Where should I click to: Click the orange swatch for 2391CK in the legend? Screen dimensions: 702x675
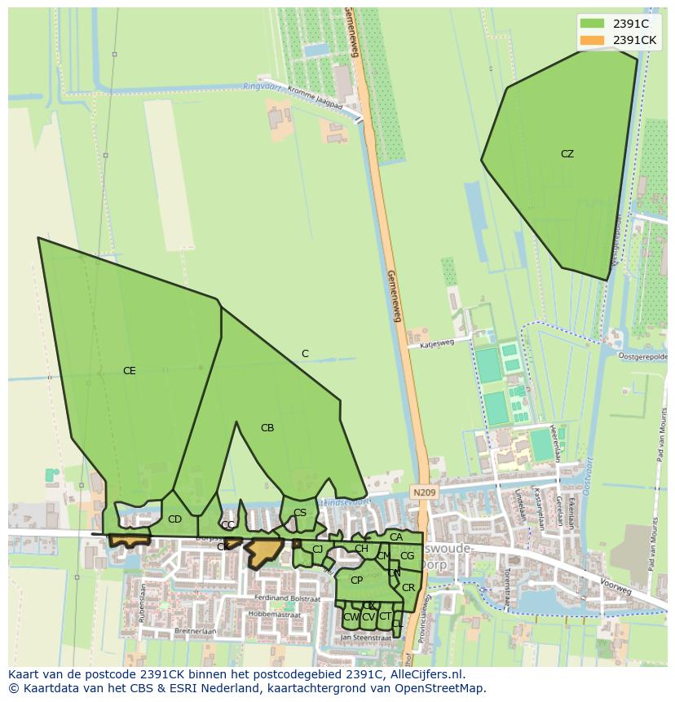point(593,40)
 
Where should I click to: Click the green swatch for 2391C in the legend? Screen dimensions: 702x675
point(593,24)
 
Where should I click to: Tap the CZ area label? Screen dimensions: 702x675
point(567,154)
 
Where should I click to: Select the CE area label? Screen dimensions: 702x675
point(129,371)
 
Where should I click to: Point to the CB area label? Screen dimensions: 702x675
point(267,428)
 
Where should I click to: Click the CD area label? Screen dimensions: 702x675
point(174,519)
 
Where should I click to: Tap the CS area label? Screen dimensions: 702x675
point(300,513)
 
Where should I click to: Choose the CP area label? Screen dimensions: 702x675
point(356,581)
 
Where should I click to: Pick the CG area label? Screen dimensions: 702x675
point(407,556)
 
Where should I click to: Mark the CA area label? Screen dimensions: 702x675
point(396,537)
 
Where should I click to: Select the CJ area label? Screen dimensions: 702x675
point(317,550)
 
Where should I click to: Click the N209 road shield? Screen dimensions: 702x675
point(423,492)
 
